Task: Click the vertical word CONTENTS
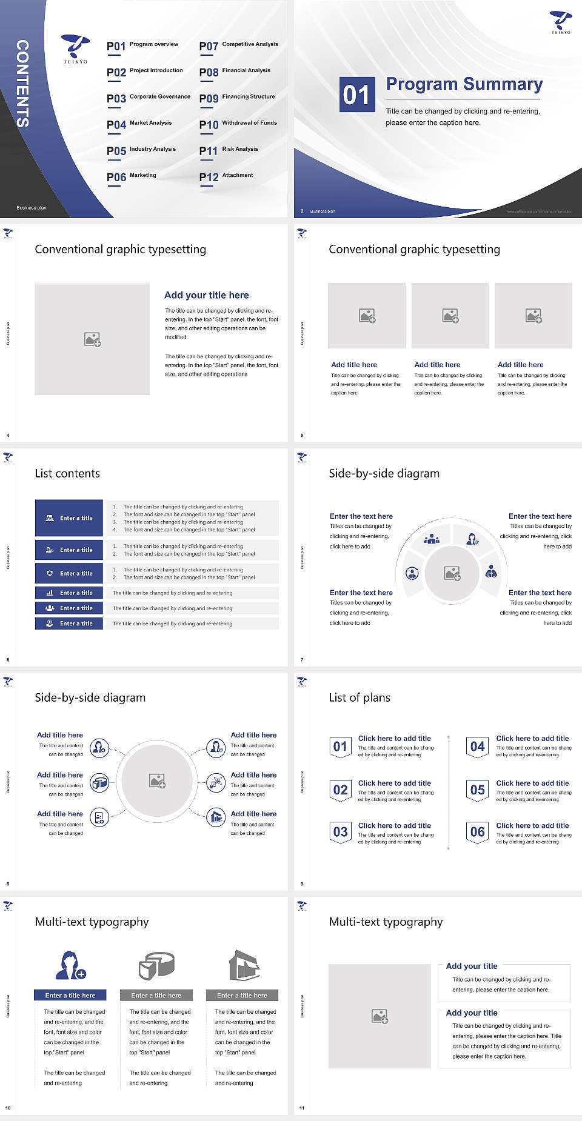pyautogui.click(x=22, y=84)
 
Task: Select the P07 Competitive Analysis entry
pyautogui.click(x=239, y=45)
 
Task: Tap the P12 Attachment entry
pyautogui.click(x=226, y=176)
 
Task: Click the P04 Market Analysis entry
pyautogui.click(x=139, y=124)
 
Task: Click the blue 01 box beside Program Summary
pyautogui.click(x=356, y=95)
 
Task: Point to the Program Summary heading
pyautogui.click(x=464, y=84)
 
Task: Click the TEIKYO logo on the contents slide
pyautogui.click(x=76, y=48)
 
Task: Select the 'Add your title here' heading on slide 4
pyautogui.click(x=206, y=295)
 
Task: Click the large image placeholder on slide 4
pyautogui.click(x=92, y=339)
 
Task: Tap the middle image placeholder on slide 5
pyautogui.click(x=450, y=316)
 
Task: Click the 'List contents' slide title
pyautogui.click(x=67, y=473)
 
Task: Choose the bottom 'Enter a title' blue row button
pyautogui.click(x=69, y=623)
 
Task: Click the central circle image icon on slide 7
pyautogui.click(x=452, y=573)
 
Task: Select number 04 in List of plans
pyautogui.click(x=478, y=747)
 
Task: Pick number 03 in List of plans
pyautogui.click(x=340, y=832)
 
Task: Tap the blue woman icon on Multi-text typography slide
pyautogui.click(x=70, y=966)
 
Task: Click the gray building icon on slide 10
pyautogui.click(x=244, y=965)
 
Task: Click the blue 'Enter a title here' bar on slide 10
pyautogui.click(x=70, y=995)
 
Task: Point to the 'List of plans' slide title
pyautogui.click(x=360, y=697)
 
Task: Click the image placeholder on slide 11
pyautogui.click(x=380, y=1016)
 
